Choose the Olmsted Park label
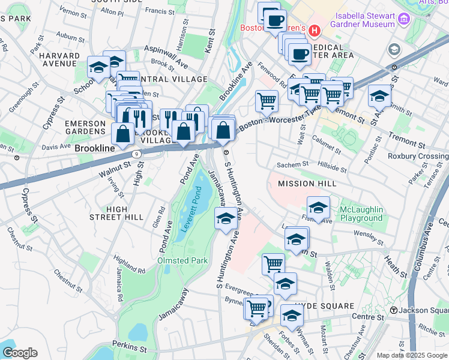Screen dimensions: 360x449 pyautogui.click(x=182, y=260)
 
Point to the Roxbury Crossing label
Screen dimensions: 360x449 pyautogui.click(x=424, y=156)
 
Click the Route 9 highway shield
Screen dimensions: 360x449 pyautogui.click(x=137, y=154)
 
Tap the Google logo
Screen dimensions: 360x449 pyautogui.click(x=19, y=352)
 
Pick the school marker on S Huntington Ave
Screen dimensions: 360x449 pyautogui.click(x=226, y=218)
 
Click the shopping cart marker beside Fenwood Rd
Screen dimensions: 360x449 pyautogui.click(x=267, y=101)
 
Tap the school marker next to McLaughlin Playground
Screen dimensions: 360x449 pyautogui.click(x=318, y=208)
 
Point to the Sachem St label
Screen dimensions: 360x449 pyautogui.click(x=292, y=164)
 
